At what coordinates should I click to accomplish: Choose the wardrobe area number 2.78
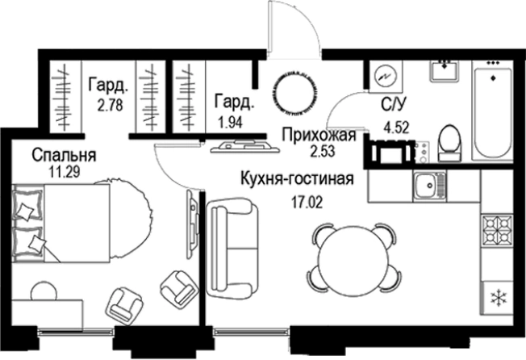click(x=110, y=104)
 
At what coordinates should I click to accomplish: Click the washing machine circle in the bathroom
click(x=385, y=74)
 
